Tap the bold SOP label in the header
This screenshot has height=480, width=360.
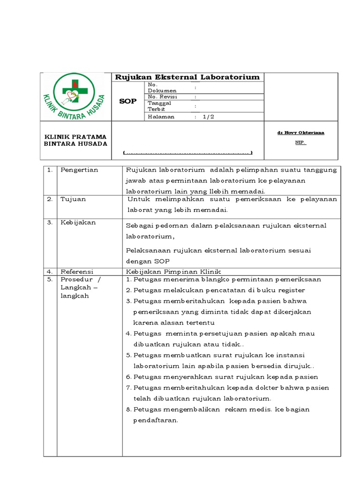point(127,101)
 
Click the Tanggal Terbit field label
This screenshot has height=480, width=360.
point(159,106)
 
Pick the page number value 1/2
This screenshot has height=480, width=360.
point(208,117)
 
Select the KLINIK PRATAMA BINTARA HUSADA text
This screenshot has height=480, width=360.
point(75,140)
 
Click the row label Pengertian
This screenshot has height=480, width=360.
point(79,170)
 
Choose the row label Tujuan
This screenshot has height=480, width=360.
point(73,199)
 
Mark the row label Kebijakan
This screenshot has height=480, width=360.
point(78,223)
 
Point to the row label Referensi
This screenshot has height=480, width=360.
point(77,271)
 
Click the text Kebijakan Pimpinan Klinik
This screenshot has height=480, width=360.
point(173,271)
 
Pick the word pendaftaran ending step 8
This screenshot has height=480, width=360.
point(156,420)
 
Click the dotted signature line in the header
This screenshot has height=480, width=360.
point(187,153)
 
